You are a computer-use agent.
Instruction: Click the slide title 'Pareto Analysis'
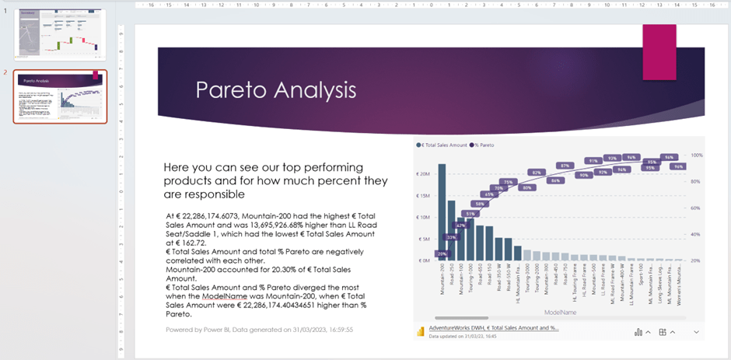click(x=275, y=89)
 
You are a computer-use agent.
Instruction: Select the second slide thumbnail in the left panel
click(x=60, y=96)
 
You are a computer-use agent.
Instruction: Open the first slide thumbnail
click(x=60, y=34)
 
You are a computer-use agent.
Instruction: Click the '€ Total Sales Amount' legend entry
click(x=443, y=145)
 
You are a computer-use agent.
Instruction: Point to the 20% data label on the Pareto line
click(x=442, y=253)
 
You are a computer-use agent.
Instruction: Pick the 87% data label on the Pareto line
click(x=565, y=166)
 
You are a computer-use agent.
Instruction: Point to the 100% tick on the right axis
click(x=697, y=156)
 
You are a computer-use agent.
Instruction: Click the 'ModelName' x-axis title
click(x=559, y=311)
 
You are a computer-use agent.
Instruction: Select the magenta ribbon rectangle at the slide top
click(x=658, y=52)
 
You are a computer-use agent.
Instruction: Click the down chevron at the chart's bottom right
click(x=696, y=332)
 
